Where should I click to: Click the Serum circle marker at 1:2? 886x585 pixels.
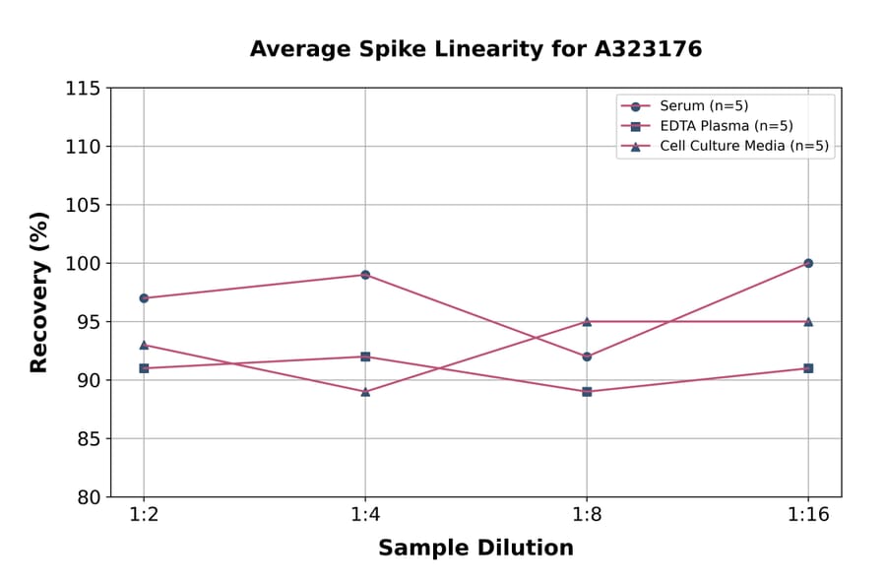click(x=144, y=297)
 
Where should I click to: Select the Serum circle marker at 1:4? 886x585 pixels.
click(x=365, y=275)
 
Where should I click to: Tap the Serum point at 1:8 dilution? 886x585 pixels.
click(x=587, y=357)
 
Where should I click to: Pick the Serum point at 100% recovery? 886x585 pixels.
click(x=808, y=263)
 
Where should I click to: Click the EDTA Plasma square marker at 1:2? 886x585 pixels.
click(x=144, y=368)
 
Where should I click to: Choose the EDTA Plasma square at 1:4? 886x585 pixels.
click(x=365, y=357)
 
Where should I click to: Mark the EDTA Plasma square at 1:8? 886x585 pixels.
click(x=587, y=392)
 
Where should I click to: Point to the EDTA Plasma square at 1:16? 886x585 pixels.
click(x=808, y=368)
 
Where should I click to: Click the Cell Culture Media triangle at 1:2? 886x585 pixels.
click(x=144, y=345)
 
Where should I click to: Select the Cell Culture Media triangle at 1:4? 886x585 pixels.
click(x=365, y=392)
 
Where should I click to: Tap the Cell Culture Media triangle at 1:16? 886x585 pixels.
click(x=808, y=321)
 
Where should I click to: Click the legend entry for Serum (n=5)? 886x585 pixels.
click(x=705, y=106)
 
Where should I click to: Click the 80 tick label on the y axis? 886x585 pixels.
click(x=88, y=497)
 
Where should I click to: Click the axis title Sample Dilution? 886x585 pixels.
click(x=475, y=549)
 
